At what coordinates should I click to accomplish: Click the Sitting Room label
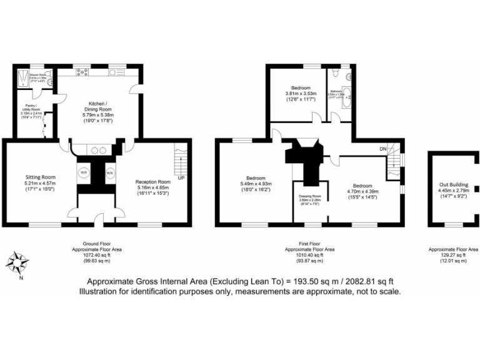40,177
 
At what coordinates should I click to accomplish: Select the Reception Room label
152,182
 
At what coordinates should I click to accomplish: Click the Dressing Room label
310,197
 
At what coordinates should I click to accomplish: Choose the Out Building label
450,184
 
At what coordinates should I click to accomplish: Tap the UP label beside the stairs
181,178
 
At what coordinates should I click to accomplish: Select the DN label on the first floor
382,149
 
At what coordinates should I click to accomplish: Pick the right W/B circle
110,172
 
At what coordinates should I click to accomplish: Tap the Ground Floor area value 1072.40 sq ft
96,255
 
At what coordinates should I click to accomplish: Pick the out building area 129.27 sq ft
454,255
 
